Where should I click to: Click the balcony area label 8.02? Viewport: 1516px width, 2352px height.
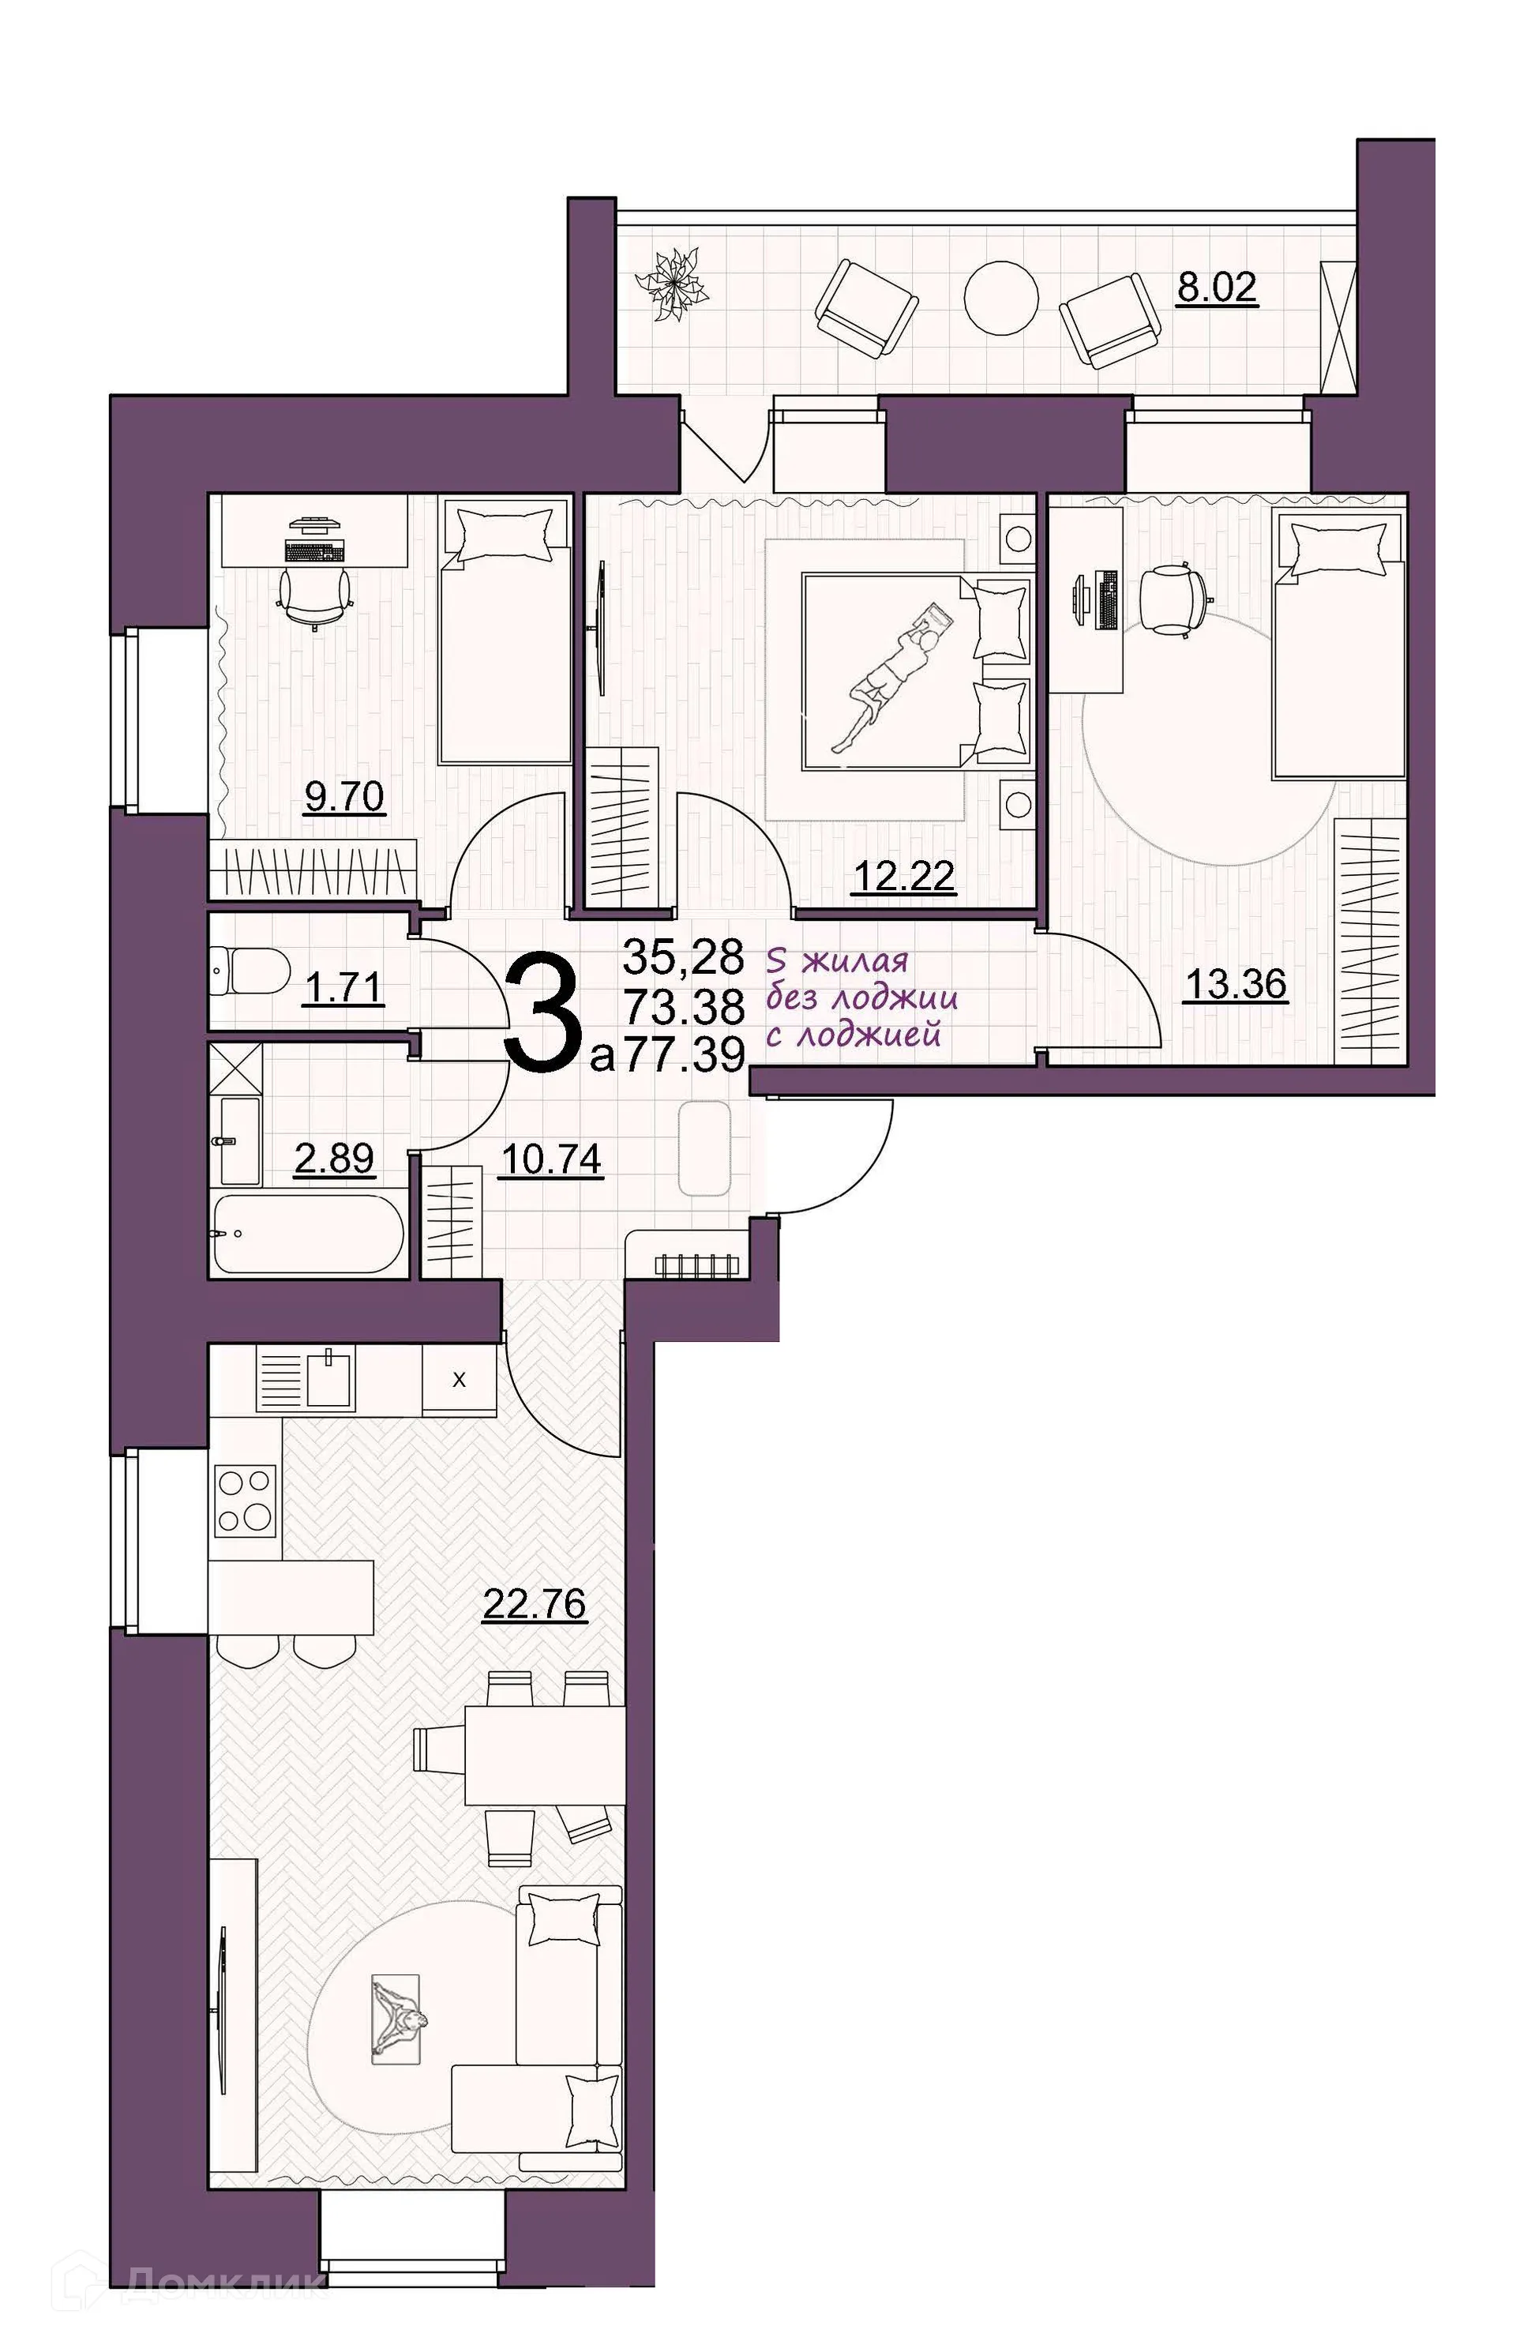(x=1217, y=288)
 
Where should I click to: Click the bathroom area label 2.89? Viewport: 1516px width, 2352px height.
(x=334, y=1159)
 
